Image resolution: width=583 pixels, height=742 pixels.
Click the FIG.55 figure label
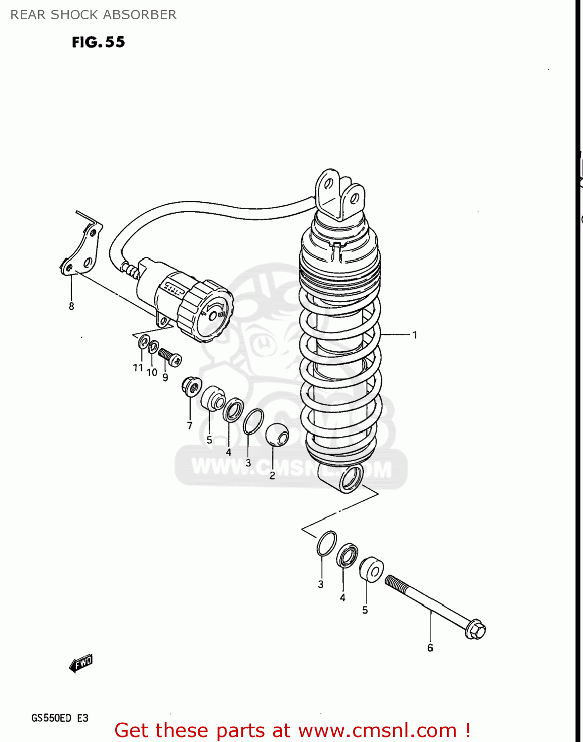pos(98,42)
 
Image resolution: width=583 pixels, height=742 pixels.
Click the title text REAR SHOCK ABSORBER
pos(93,15)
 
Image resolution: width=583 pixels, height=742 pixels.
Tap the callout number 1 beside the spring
pos(414,335)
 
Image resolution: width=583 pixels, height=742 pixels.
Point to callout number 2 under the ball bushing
pos(272,475)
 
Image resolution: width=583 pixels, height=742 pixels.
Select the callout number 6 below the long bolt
pos(430,648)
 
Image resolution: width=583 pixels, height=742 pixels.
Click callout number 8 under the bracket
pos(71,306)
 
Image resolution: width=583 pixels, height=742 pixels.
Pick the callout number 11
pos(138,368)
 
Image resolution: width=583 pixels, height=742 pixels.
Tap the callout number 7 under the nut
pos(189,425)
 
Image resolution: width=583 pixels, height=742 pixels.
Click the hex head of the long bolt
pos(476,629)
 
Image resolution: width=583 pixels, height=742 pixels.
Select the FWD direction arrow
pos(81,663)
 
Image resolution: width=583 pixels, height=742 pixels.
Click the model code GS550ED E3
pos(60,718)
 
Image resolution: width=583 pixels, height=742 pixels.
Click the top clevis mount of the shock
pos(340,194)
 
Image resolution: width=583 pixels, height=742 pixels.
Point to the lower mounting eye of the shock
pos(351,479)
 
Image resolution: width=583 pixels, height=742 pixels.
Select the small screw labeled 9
pos(170,357)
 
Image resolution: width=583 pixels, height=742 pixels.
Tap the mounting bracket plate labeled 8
pos(83,249)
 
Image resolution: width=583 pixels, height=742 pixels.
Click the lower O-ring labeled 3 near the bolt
pos(326,543)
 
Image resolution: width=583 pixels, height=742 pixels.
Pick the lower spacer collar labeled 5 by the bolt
pos(371,570)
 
